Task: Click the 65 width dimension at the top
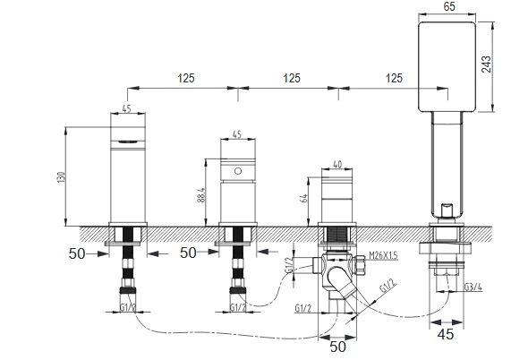tap(449, 6)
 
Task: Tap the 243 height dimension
tap(486, 64)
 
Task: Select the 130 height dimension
tap(61, 177)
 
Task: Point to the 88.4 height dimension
tap(200, 195)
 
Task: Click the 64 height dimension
tap(303, 199)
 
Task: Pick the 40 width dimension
tap(337, 164)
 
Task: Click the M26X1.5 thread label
tap(383, 255)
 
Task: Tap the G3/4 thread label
tap(473, 287)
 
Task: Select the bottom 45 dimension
tap(446, 334)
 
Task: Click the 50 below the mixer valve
tap(337, 347)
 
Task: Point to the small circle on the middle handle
tap(238, 171)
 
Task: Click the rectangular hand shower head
tap(447, 67)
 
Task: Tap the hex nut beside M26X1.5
tap(359, 265)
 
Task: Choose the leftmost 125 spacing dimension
tap(186, 78)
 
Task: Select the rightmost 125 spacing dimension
tap(394, 78)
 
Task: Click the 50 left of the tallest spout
tap(77, 253)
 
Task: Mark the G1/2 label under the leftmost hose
tap(128, 307)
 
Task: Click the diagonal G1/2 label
tap(388, 286)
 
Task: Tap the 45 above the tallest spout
tap(126, 108)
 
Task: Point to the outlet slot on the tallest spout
tap(128, 141)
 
